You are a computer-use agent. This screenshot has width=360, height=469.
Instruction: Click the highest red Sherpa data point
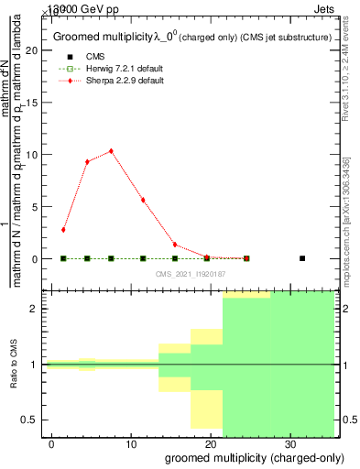(111, 151)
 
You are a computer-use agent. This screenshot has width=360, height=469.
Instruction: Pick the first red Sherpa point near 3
(63, 230)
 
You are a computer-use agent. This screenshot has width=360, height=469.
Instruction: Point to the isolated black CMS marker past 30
(302, 258)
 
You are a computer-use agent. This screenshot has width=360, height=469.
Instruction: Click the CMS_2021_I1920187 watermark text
(191, 274)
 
